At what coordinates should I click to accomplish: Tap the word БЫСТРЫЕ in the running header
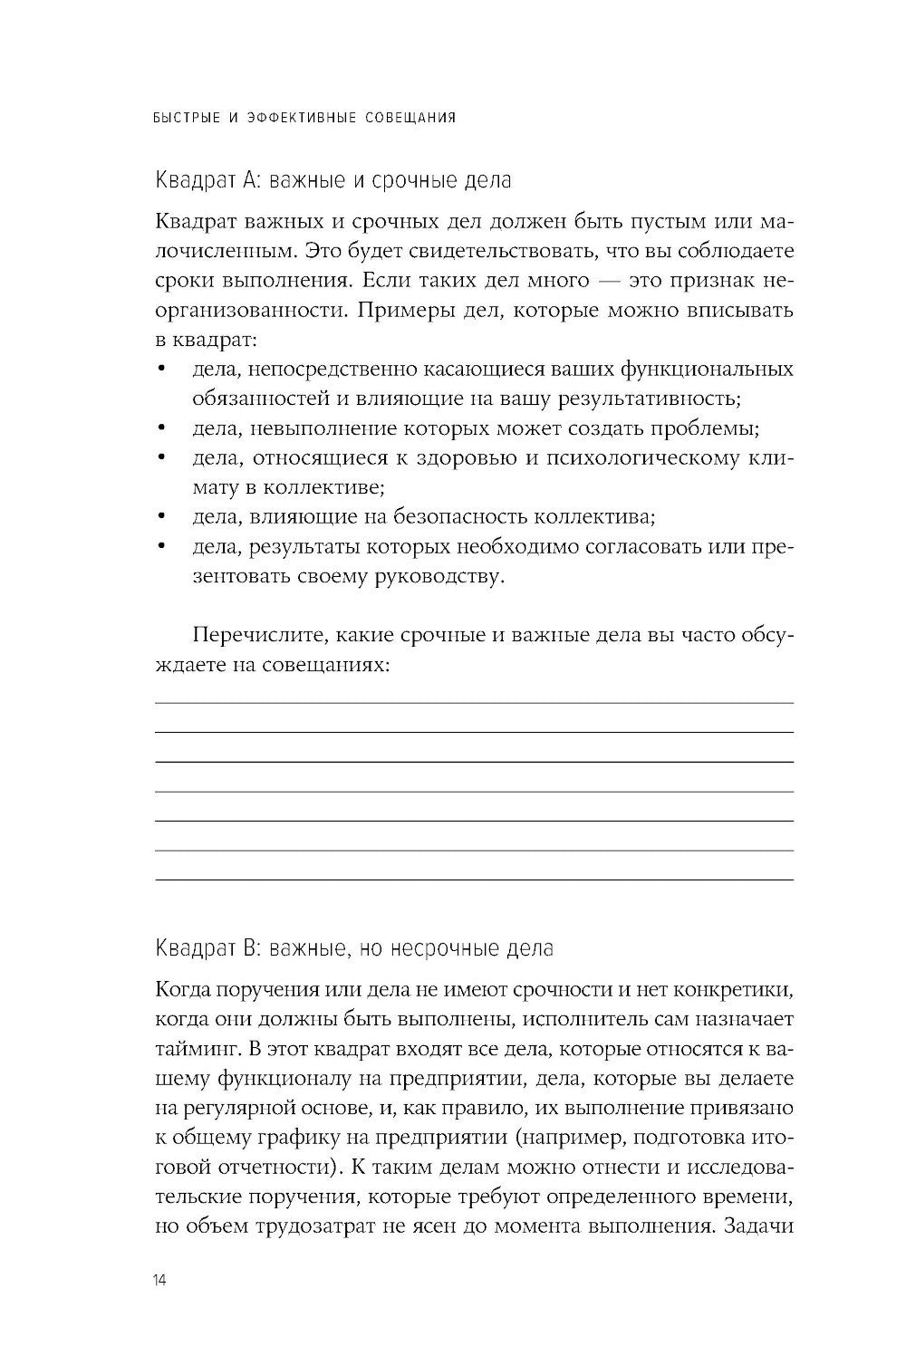tap(186, 118)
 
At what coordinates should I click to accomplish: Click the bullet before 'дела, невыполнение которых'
tap(161, 428)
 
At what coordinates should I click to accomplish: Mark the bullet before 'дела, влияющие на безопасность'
tap(161, 517)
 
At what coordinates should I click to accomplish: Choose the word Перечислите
tap(255, 636)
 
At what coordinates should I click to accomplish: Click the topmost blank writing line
tap(474, 702)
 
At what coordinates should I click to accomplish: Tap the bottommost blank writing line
tap(474, 880)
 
